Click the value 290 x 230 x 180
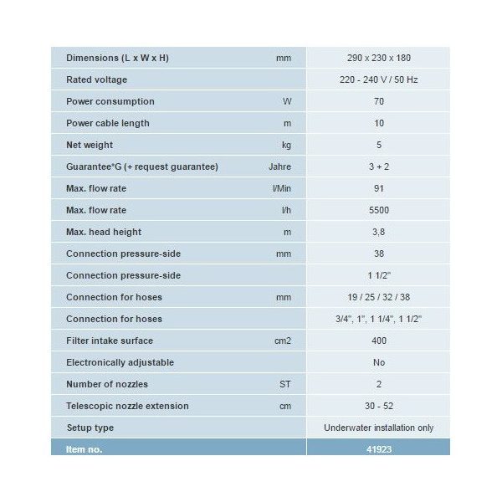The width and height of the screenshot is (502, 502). click(x=378, y=59)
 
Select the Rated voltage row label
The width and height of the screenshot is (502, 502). click(x=96, y=80)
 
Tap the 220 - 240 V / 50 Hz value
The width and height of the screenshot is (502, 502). click(x=378, y=80)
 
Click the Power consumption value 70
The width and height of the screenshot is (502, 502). click(x=378, y=102)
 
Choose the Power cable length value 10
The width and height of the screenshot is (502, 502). click(x=378, y=124)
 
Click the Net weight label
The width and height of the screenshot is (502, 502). click(x=90, y=146)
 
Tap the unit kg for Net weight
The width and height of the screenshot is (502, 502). click(x=286, y=146)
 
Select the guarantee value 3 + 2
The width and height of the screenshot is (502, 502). click(x=378, y=167)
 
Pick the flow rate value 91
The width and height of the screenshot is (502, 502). click(x=378, y=189)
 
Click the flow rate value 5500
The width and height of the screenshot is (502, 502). click(x=378, y=211)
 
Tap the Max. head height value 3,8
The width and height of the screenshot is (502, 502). click(x=378, y=233)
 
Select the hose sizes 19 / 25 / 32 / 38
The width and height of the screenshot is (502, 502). click(x=378, y=298)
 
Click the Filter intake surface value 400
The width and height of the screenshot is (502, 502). click(x=378, y=341)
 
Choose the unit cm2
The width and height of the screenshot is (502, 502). click(x=284, y=341)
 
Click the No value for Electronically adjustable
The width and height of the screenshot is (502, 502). click(x=378, y=363)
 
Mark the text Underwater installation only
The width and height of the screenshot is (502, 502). click(x=378, y=428)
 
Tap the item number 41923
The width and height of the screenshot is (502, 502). click(x=378, y=449)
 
